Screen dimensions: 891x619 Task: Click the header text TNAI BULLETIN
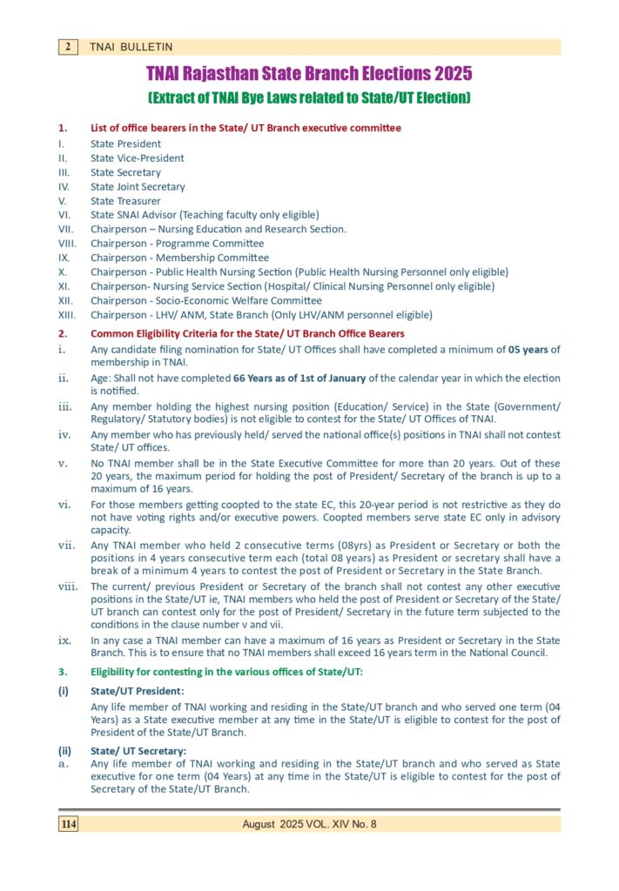tap(131, 47)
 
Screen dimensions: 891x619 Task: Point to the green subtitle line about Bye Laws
tap(309, 97)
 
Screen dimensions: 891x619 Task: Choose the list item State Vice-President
tap(137, 158)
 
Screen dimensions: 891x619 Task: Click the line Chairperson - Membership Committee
tap(179, 258)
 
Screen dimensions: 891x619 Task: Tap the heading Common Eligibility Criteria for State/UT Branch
tap(247, 334)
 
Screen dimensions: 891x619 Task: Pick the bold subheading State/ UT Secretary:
tap(138, 751)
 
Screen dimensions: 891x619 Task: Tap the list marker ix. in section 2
tap(64, 640)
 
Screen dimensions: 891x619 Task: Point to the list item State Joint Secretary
tap(138, 187)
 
